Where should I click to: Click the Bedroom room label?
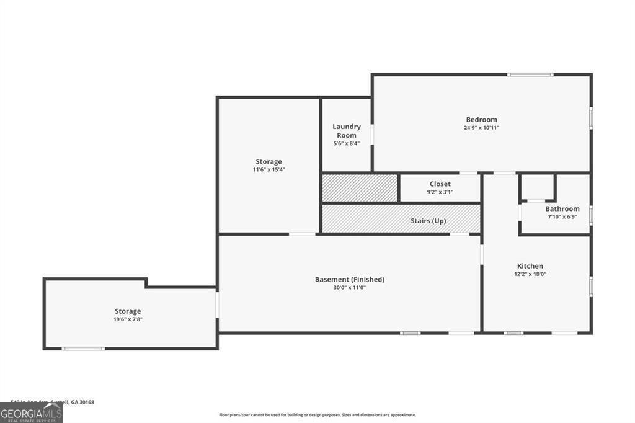click(481, 120)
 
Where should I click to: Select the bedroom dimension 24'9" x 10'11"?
click(481, 128)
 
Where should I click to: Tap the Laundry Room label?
click(346, 131)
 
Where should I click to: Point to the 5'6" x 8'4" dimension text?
click(346, 143)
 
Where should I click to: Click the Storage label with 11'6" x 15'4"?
click(269, 162)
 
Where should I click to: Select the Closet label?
click(440, 184)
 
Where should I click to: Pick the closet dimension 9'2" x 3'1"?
click(440, 192)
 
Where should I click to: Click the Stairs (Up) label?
click(428, 221)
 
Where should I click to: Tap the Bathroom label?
click(562, 209)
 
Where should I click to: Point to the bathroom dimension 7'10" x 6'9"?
click(562, 217)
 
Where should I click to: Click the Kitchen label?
click(530, 266)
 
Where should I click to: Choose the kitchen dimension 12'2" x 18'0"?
click(530, 274)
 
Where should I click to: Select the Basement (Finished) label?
click(349, 280)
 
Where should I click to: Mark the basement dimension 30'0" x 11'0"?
click(349, 288)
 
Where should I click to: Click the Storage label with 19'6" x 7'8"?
click(127, 311)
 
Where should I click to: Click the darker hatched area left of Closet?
click(359, 188)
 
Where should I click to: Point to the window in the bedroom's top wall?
click(530, 75)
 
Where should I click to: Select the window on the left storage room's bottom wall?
click(83, 349)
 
